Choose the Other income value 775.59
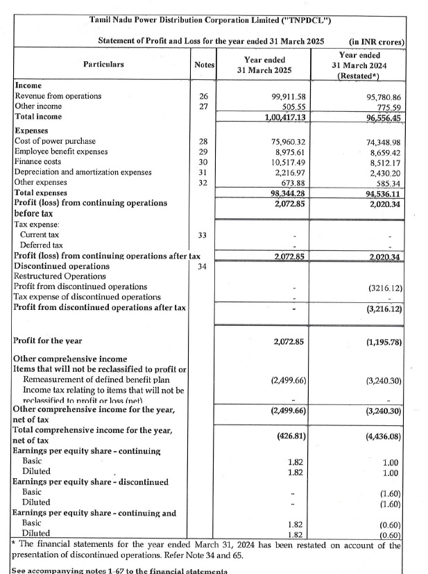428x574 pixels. (385, 106)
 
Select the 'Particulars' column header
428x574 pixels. (103, 64)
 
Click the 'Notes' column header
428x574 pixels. (204, 65)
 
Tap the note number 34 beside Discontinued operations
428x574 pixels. (203, 266)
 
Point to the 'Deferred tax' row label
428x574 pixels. (42, 245)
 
